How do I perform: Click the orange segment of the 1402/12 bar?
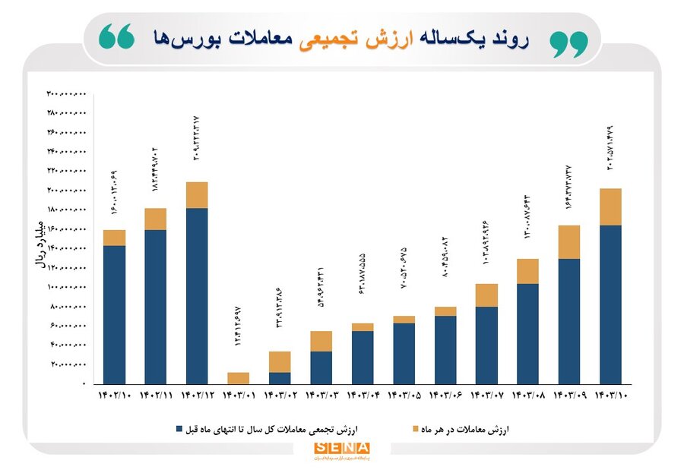[x=196, y=195]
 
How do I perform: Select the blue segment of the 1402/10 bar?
[x=114, y=314]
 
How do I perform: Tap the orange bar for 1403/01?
[x=238, y=378]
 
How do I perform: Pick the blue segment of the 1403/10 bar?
[x=610, y=304]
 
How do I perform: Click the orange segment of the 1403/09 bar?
[x=569, y=242]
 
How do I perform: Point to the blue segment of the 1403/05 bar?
[x=404, y=353]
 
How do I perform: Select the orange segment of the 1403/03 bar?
[x=321, y=341]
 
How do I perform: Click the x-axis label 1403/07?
[x=486, y=396]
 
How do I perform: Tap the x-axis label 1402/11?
[x=155, y=396]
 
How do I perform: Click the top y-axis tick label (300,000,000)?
[x=67, y=93]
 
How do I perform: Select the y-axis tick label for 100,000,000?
[x=67, y=287]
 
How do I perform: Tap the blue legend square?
[x=179, y=429]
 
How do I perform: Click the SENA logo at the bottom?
[x=341, y=449]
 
